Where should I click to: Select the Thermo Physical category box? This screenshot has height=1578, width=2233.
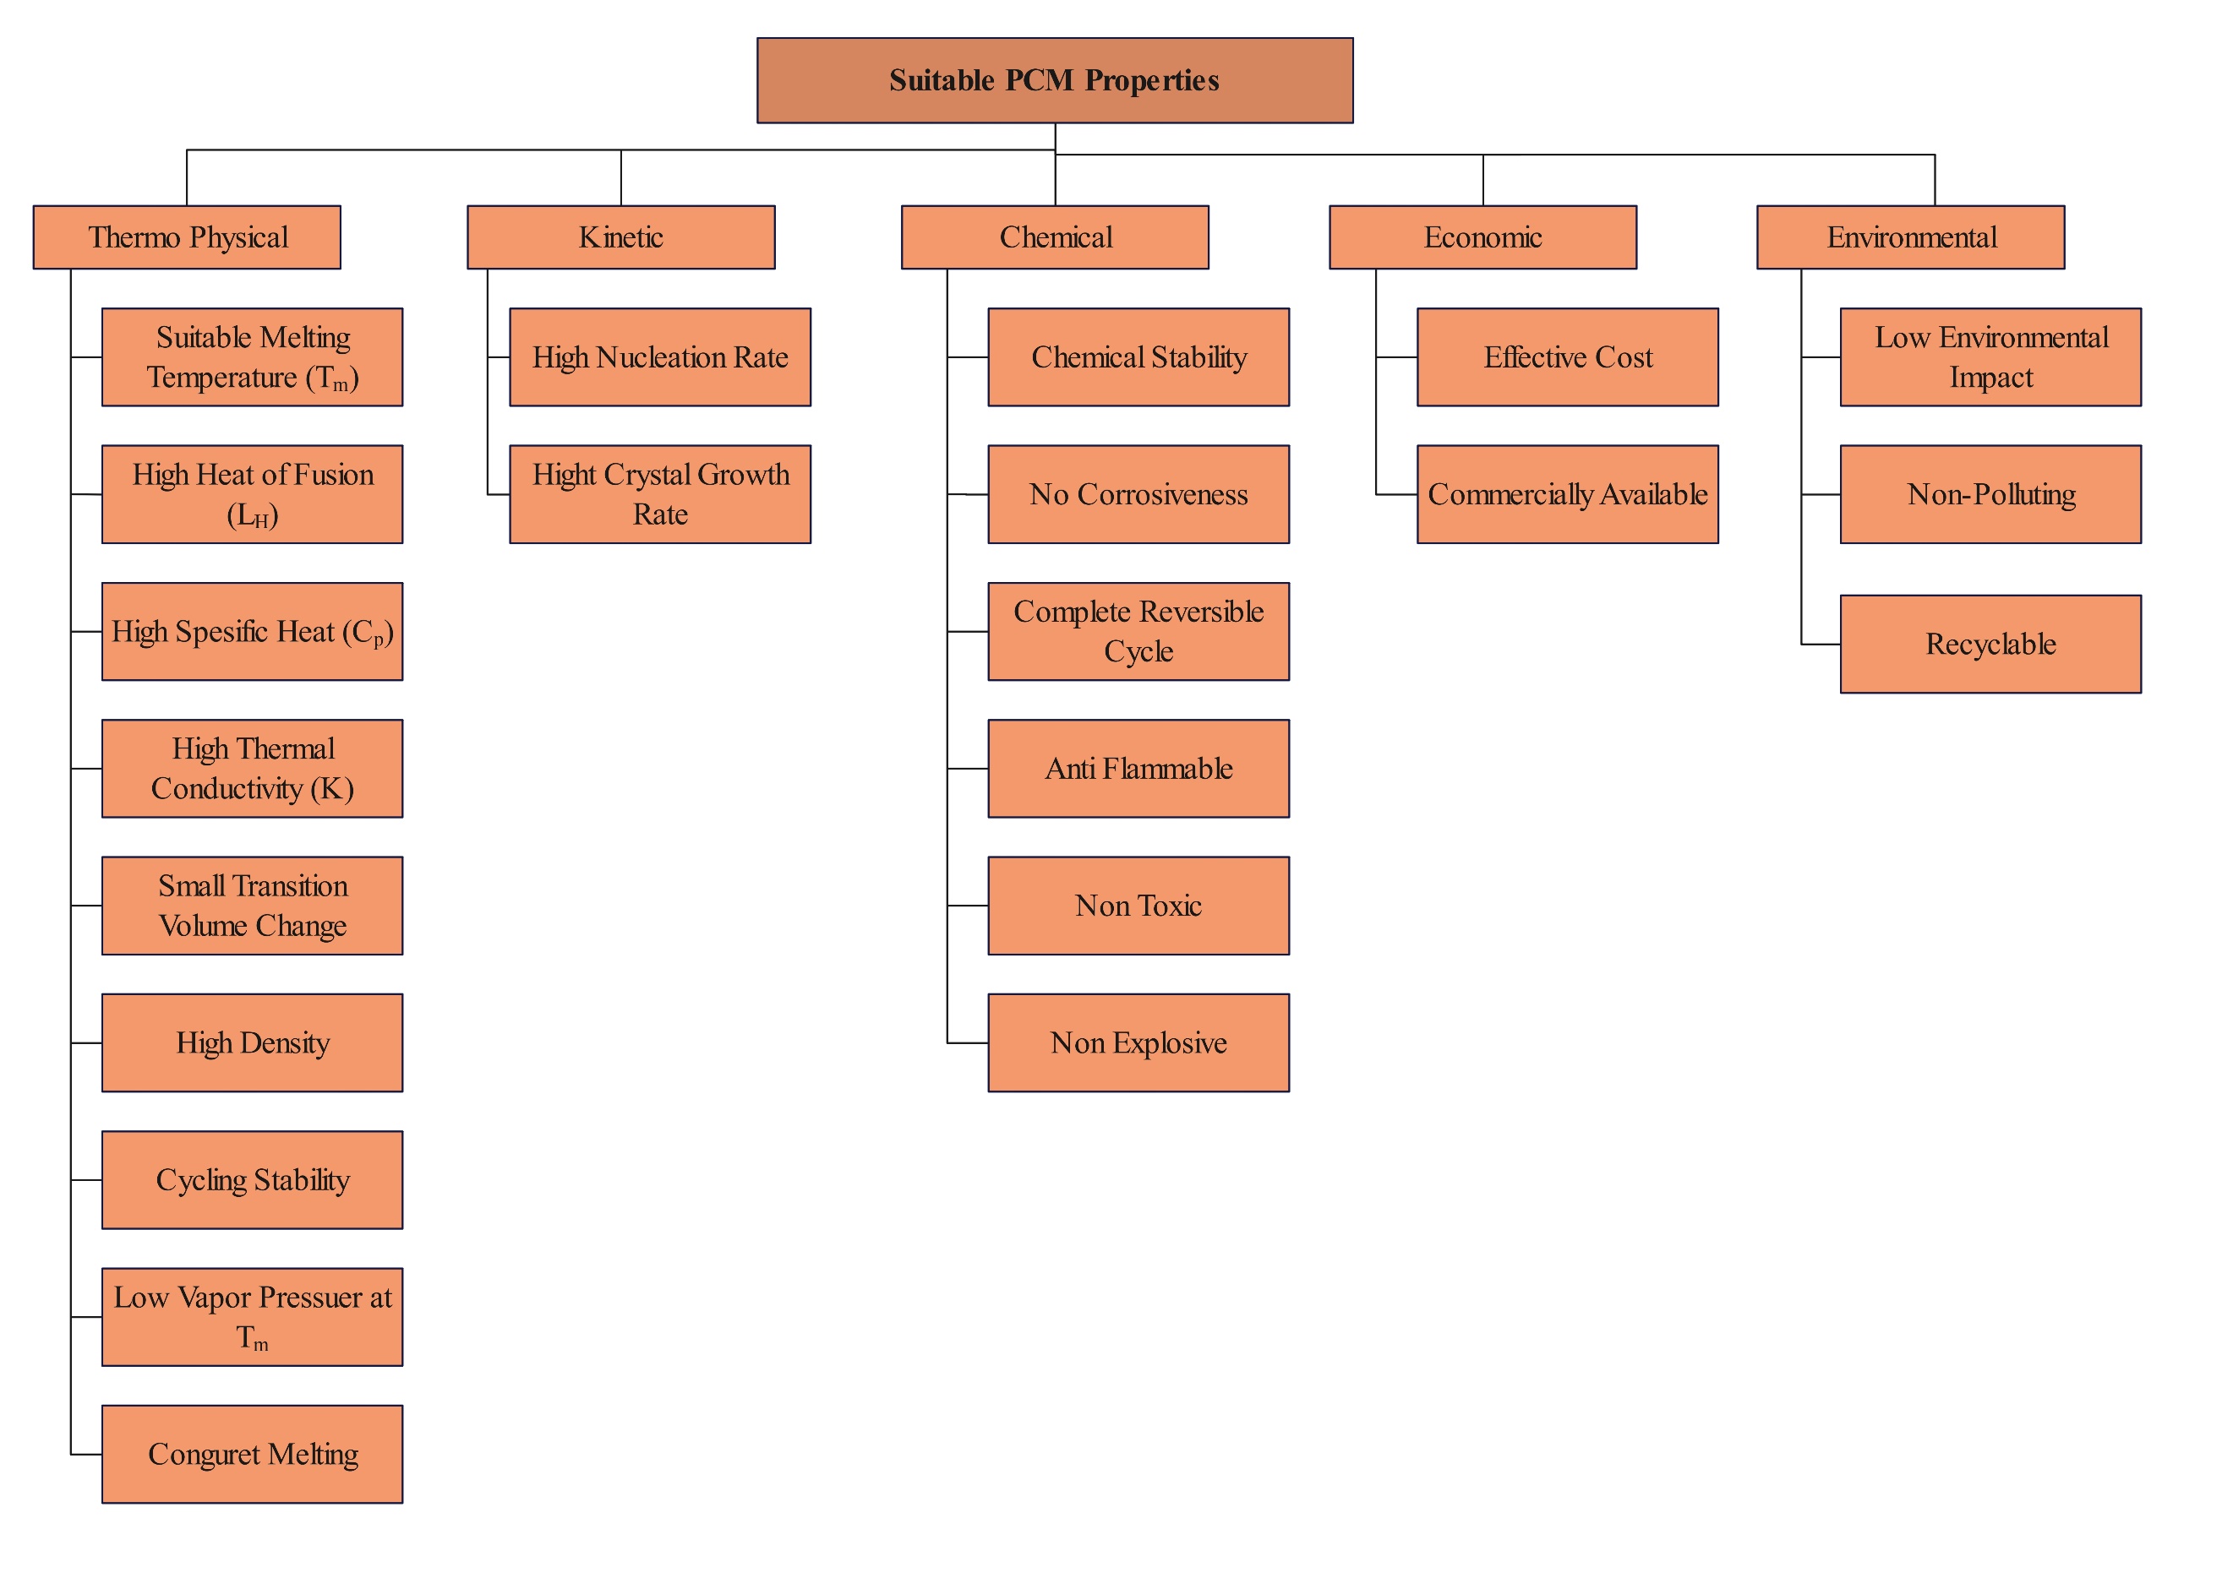[187, 237]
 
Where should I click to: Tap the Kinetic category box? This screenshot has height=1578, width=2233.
[620, 237]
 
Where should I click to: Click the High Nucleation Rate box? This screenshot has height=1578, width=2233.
[659, 358]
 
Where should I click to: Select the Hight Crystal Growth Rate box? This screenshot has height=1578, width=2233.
[659, 494]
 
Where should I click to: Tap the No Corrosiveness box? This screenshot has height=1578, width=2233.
[1138, 494]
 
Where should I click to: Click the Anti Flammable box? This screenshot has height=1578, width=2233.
[1138, 768]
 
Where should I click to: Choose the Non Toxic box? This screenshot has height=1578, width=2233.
[1138, 906]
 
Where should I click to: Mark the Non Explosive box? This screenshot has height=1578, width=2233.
[1138, 1042]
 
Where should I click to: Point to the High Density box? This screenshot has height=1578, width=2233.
[252, 1042]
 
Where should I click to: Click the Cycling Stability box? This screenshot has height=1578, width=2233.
[252, 1179]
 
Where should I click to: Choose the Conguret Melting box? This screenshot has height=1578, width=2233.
[252, 1454]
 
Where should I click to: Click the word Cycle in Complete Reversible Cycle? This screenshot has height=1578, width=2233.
[1138, 651]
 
